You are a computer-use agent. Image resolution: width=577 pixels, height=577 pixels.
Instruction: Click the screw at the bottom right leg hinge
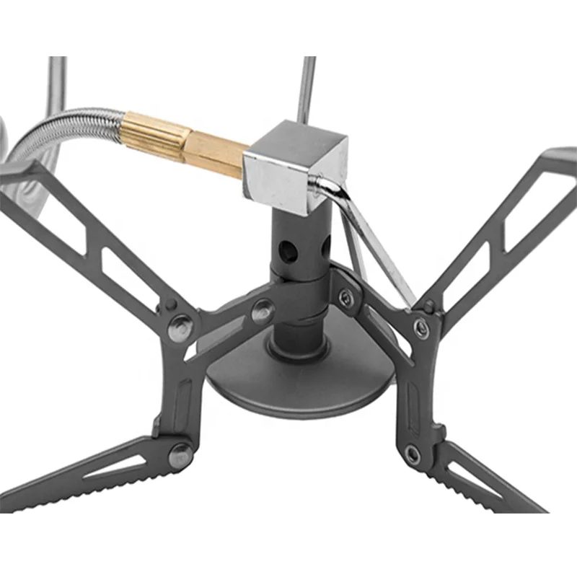click(x=412, y=454)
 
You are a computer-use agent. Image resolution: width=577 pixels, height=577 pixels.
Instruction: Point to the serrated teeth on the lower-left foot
click(x=87, y=490)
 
